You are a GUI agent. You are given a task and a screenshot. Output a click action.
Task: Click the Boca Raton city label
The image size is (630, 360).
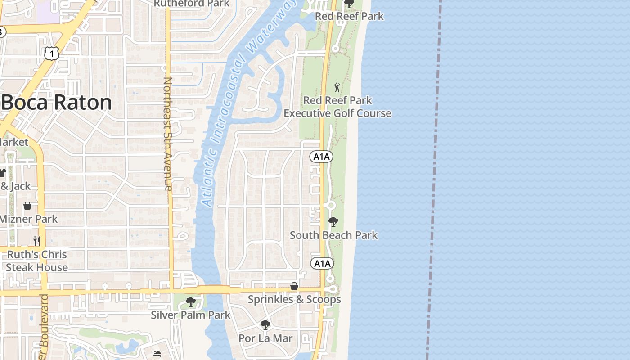coord(57,103)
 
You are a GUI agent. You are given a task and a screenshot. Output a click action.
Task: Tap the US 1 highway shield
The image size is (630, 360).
coord(52,54)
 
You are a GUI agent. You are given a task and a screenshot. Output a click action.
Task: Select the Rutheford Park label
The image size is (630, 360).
coord(192,4)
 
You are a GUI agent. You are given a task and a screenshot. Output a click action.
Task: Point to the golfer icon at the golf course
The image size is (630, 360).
coord(337,87)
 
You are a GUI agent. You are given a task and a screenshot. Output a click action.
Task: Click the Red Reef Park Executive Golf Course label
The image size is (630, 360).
coord(337,107)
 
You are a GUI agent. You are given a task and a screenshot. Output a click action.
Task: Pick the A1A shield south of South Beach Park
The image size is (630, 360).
coord(322,263)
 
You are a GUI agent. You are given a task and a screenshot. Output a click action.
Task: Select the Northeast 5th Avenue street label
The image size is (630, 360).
coord(168,134)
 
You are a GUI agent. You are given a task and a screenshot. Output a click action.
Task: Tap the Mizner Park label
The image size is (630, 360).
coord(29,219)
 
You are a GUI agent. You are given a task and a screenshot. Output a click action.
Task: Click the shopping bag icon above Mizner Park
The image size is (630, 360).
coord(27,206)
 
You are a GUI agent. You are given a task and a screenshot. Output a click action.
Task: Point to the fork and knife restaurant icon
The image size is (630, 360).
coord(37,241)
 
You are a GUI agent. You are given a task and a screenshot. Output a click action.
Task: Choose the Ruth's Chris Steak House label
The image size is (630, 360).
coord(37,261)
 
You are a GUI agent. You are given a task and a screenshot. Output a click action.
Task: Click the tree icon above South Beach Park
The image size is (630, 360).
coord(333,221)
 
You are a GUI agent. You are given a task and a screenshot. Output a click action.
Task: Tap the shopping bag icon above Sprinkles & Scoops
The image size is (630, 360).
coord(294,286)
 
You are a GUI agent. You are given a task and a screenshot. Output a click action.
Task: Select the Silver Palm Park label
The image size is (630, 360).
coord(190,315)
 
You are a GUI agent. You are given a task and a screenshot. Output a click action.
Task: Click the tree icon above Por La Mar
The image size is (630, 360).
coord(265,324)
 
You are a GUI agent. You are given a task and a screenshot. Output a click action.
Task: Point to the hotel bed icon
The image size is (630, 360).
coord(157,353)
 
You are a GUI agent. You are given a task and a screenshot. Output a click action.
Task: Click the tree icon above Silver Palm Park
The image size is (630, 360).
coord(191,301)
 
